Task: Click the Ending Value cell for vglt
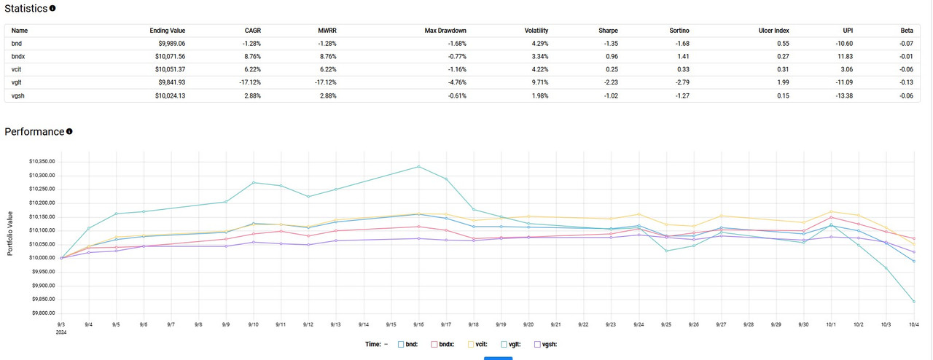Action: [168, 82]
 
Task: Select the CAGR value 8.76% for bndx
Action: [250, 56]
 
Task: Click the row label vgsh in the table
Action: [19, 95]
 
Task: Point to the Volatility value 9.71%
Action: [536, 82]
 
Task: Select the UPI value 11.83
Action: [843, 56]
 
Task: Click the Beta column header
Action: [906, 31]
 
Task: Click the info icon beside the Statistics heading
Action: [52, 9]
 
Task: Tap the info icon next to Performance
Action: [69, 132]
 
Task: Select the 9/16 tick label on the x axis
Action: [418, 324]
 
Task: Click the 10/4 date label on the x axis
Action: [913, 324]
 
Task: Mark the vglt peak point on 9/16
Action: [418, 167]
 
